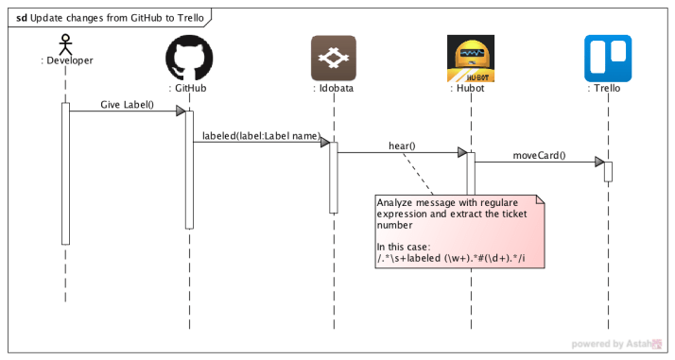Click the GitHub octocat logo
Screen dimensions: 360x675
click(x=189, y=58)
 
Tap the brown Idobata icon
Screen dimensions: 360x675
click(x=333, y=58)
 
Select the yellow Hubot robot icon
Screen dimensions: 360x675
click(x=469, y=58)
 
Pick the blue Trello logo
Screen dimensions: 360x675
click(x=608, y=58)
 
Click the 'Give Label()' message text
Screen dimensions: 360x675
click(x=127, y=104)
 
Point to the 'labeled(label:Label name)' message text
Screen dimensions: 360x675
click(x=260, y=136)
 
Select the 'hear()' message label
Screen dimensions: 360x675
click(x=402, y=146)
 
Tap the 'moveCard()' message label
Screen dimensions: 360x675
click(x=539, y=155)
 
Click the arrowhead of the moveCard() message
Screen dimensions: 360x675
click(x=599, y=163)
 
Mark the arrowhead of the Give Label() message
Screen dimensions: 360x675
click(x=180, y=111)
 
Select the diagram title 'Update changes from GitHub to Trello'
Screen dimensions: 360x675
click(x=112, y=17)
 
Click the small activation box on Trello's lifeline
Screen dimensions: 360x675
click(x=608, y=171)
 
